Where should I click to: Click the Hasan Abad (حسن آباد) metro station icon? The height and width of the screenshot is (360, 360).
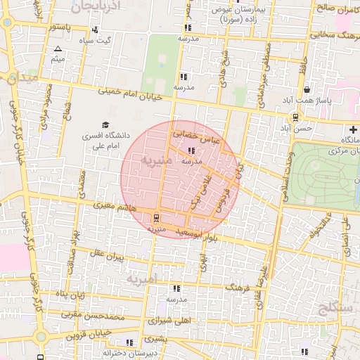pyautogui.click(x=296, y=117)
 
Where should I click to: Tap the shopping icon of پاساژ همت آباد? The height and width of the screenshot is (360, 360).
pyautogui.click(x=307, y=90)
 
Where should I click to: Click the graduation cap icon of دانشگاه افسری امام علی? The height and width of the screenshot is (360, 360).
pyautogui.click(x=105, y=124)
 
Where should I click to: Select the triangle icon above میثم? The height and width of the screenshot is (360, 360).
pyautogui.click(x=58, y=49)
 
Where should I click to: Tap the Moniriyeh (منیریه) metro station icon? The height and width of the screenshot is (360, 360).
pyautogui.click(x=155, y=217)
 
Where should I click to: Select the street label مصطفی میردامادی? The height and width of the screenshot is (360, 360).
pyautogui.click(x=266, y=70)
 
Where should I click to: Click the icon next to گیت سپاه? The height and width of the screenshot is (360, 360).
pyautogui.click(x=94, y=30)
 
